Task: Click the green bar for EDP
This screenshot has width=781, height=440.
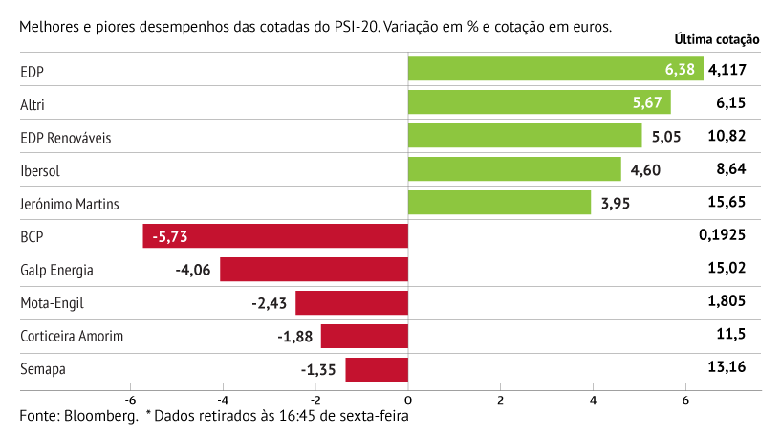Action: pyautogui.click(x=554, y=69)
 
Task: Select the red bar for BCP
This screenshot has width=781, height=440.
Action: pyautogui.click(x=275, y=236)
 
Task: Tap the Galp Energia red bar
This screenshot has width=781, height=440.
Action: pyautogui.click(x=314, y=270)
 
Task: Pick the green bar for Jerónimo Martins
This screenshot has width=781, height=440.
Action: pyautogui.click(x=499, y=203)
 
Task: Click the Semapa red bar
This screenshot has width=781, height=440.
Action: pyautogui.click(x=377, y=369)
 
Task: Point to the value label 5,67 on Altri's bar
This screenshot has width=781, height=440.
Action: pyautogui.click(x=648, y=102)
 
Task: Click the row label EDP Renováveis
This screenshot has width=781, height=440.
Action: pyautogui.click(x=66, y=138)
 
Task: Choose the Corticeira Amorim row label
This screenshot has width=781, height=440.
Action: pyautogui.click(x=72, y=337)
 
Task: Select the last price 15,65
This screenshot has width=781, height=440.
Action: pyautogui.click(x=727, y=202)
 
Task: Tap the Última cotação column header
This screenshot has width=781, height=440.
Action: pyautogui.click(x=716, y=40)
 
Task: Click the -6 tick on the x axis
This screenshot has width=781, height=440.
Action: pyautogui.click(x=129, y=400)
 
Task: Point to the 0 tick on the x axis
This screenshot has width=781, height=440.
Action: pyautogui.click(x=408, y=400)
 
